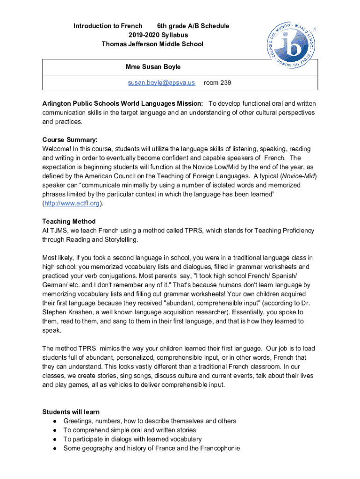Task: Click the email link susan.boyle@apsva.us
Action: (x=162, y=83)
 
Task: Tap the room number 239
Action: (x=217, y=83)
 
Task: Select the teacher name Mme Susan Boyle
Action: (x=153, y=67)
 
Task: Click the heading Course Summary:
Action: (x=70, y=139)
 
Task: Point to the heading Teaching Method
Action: (x=69, y=221)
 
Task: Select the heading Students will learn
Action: (x=71, y=412)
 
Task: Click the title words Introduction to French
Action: (x=108, y=26)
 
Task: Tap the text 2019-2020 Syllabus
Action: (x=152, y=35)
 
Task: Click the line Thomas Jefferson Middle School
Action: (x=152, y=44)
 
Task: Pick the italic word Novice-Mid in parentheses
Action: (x=297, y=176)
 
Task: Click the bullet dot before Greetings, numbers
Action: (x=55, y=421)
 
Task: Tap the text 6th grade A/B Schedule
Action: (x=193, y=26)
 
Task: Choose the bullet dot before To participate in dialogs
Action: (x=55, y=439)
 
